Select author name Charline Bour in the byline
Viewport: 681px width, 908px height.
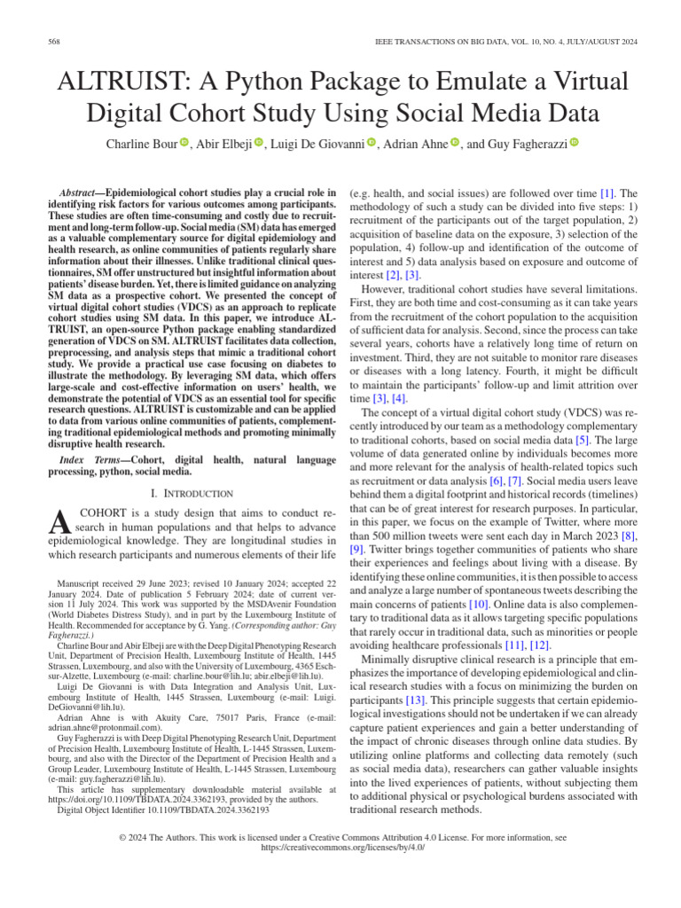(x=142, y=144)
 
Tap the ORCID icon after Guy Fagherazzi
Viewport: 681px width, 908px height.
(x=573, y=144)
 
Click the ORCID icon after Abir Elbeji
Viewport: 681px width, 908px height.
(x=260, y=144)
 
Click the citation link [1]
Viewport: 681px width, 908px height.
(x=607, y=192)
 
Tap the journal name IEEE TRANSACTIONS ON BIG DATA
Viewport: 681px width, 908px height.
(x=449, y=43)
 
